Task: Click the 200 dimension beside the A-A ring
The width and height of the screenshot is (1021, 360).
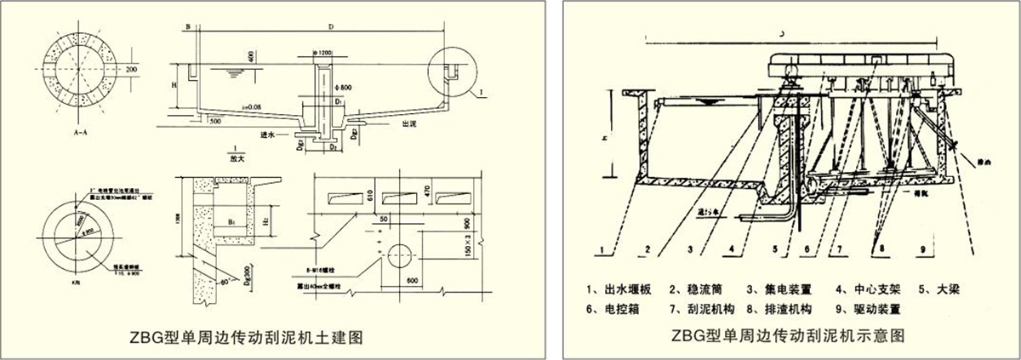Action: (x=130, y=68)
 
